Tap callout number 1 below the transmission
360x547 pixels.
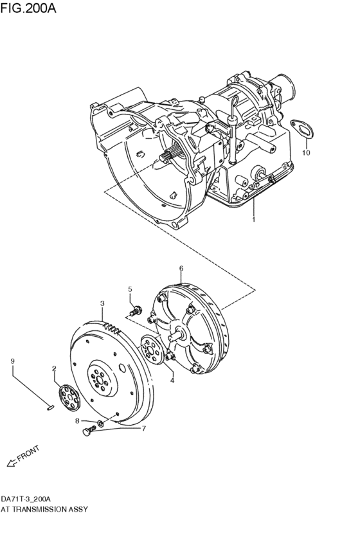[x=253, y=220]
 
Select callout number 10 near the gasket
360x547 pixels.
[x=306, y=153]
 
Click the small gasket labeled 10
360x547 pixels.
[x=300, y=127]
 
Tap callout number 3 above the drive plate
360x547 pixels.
[x=102, y=303]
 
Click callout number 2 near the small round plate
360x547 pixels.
[x=55, y=368]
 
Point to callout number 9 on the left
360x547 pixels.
[x=12, y=361]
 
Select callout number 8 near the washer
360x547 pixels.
[x=77, y=421]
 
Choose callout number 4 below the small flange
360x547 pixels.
[x=172, y=381]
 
